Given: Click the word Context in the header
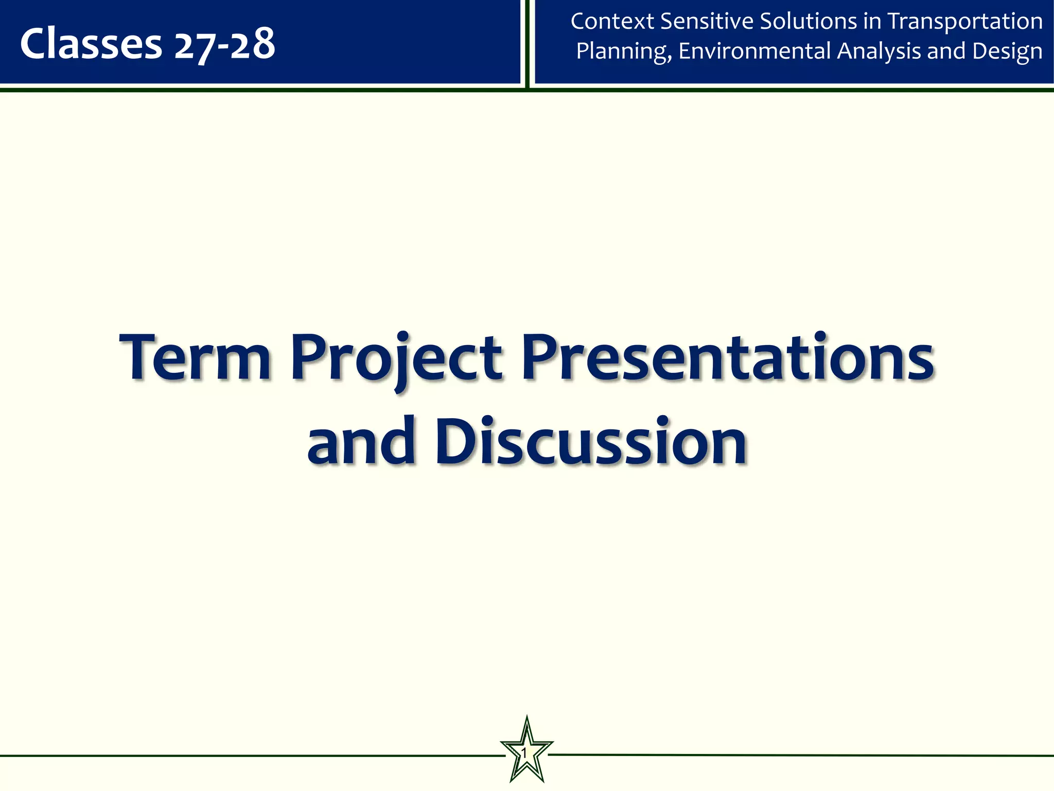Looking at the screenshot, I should click(612, 22).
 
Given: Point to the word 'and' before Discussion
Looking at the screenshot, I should click(361, 441).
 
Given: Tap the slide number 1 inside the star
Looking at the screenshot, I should click(524, 754).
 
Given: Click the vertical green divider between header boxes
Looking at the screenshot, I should click(527, 44).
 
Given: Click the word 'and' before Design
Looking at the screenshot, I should click(946, 51).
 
